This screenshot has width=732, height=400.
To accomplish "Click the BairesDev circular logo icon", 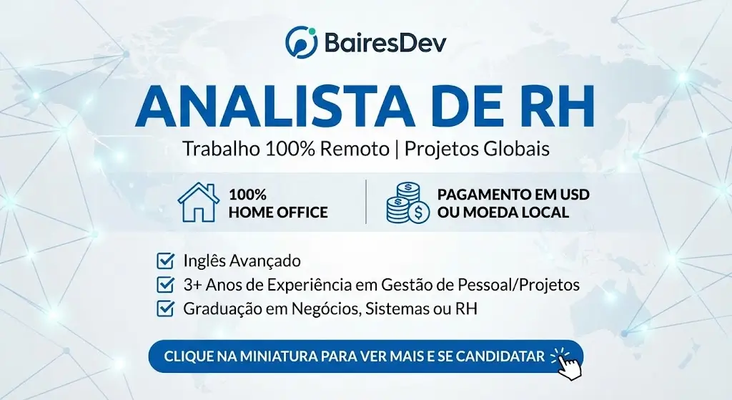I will (x=300, y=41).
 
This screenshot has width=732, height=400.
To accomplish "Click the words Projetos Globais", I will (x=477, y=150).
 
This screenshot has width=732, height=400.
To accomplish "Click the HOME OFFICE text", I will (x=278, y=213).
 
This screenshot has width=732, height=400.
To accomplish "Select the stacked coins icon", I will (x=407, y=203).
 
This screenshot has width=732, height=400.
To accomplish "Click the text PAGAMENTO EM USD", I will (x=513, y=195).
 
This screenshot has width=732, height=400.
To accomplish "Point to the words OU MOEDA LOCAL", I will (x=503, y=213).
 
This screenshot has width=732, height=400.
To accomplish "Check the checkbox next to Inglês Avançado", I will (x=165, y=260).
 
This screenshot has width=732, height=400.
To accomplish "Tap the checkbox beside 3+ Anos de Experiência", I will (x=165, y=284).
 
